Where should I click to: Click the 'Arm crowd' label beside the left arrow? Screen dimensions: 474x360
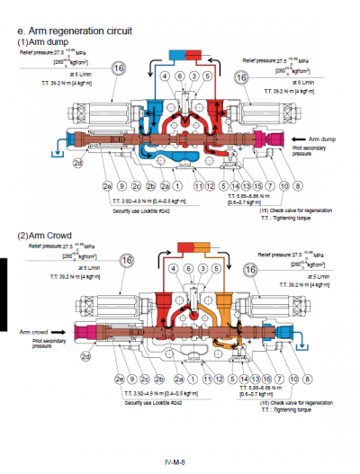point(34,330)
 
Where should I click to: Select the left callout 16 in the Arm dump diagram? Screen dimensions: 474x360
point(118,67)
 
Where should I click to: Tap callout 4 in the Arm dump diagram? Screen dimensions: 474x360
point(164,77)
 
